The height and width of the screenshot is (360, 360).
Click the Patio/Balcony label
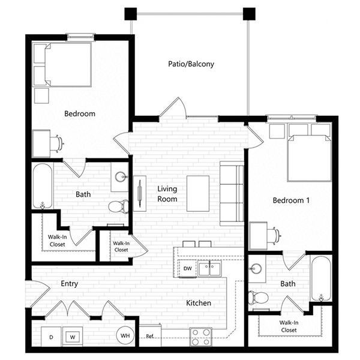click(x=191, y=64)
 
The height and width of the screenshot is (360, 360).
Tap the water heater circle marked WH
click(x=125, y=335)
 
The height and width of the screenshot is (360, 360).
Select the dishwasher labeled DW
click(x=187, y=268)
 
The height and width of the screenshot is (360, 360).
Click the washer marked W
click(x=73, y=337)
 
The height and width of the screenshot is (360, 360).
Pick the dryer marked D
click(x=51, y=337)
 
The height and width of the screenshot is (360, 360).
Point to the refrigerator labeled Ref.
click(x=150, y=335)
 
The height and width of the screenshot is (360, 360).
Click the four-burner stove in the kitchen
click(x=200, y=337)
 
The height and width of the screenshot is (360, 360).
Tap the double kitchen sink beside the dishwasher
click(x=209, y=269)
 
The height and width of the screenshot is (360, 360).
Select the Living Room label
click(x=167, y=194)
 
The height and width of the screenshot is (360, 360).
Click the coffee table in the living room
click(x=198, y=194)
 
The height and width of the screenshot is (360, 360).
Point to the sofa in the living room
click(x=232, y=194)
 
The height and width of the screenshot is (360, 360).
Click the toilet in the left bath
click(x=118, y=206)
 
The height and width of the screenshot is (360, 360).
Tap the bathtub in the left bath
click(x=43, y=186)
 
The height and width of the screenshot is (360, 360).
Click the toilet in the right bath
click(x=258, y=298)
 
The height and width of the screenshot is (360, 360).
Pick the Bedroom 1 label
click(x=291, y=200)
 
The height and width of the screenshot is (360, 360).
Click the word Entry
click(x=70, y=284)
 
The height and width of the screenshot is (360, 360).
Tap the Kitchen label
click(x=199, y=303)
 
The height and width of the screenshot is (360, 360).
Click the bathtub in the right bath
click(x=321, y=278)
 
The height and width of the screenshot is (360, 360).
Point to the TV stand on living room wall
click(x=140, y=194)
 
